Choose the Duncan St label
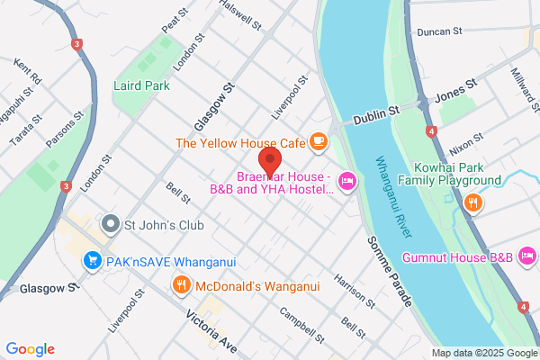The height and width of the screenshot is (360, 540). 439,31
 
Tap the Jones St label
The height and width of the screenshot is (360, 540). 454,94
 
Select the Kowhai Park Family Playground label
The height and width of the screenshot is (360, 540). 457,174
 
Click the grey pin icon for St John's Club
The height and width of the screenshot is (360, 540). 111,222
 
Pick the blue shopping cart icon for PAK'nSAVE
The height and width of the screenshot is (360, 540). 91,261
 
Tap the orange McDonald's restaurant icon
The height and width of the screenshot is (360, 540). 181,286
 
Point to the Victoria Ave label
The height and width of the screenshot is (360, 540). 211,331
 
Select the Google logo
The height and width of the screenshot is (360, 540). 30,348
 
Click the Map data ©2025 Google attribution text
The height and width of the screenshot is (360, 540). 482,352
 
